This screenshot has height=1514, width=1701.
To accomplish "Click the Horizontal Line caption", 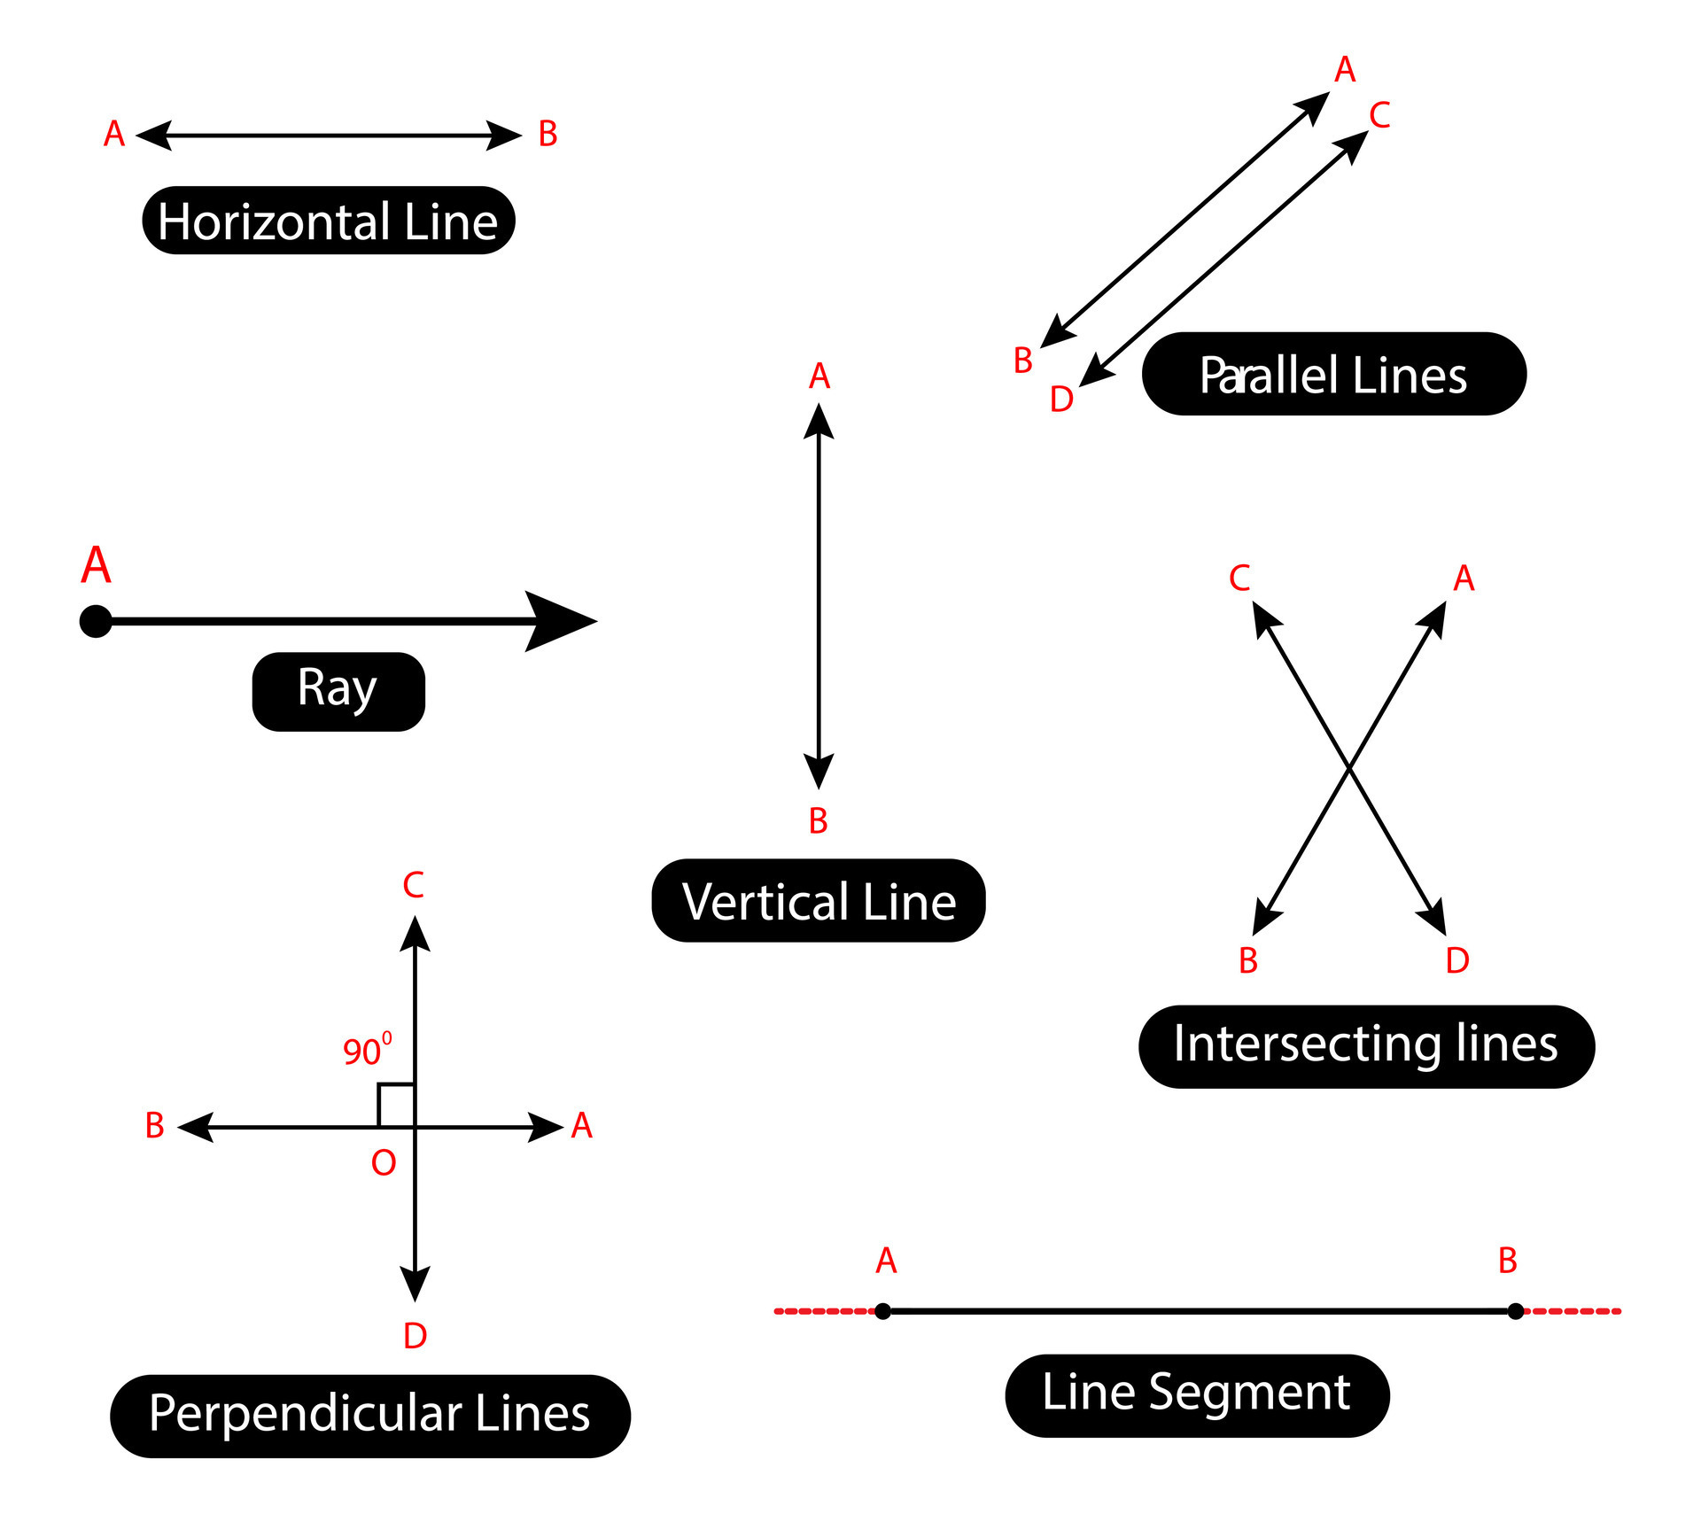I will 328,221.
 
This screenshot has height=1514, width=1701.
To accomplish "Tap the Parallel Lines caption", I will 1333,374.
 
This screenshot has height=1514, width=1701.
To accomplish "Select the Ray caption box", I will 338,691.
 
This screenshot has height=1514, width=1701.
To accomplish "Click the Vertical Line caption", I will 818,900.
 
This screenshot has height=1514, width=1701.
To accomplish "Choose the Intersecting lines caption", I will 1365,1046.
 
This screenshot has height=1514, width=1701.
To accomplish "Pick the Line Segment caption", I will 1196,1395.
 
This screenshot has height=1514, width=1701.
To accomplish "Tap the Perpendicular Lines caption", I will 369,1416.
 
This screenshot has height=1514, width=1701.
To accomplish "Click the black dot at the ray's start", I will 96,621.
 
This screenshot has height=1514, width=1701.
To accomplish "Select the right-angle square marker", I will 396,1105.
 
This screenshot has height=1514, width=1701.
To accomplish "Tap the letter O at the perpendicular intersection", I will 383,1163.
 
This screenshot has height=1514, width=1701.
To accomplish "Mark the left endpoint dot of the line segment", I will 882,1311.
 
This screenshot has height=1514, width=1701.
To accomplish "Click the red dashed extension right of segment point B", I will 1573,1311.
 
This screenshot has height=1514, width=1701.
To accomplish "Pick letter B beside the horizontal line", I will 548,135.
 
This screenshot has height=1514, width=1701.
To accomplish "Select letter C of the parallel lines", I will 1379,115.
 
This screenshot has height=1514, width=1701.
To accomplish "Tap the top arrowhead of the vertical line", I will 819,421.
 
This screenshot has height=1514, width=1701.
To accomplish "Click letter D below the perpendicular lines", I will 415,1336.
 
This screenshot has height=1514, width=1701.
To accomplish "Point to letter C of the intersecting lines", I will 1239,578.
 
